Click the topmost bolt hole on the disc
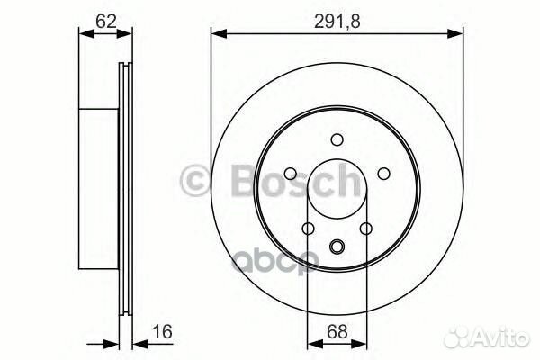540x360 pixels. point(337,139)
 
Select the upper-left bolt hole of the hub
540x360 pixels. point(291,174)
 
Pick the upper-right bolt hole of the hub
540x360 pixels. point(384,174)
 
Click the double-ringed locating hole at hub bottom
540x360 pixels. point(337,247)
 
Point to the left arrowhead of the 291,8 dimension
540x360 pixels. point(217,35)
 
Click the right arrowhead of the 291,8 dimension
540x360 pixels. point(459,35)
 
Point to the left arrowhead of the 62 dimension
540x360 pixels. point(85,35)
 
